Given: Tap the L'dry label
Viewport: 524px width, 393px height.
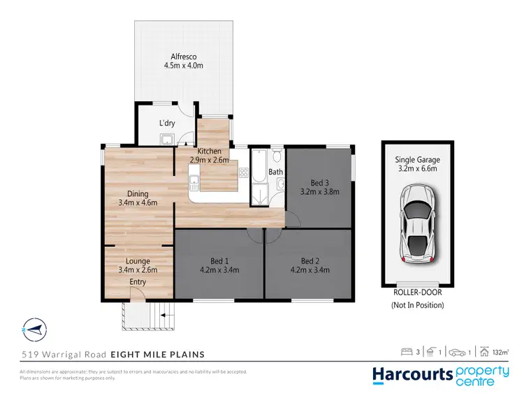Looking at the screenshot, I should tap(167, 124).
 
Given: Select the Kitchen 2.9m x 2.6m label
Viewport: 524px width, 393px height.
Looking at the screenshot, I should tap(209, 156).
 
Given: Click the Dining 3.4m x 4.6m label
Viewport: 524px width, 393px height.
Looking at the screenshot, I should tap(137, 198).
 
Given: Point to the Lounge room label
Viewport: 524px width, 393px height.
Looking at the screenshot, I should tap(138, 265).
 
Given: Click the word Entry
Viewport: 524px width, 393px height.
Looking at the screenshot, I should tap(137, 281).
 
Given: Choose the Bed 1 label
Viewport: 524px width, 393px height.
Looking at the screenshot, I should tap(219, 265).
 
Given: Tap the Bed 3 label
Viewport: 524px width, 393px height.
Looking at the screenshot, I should tap(319, 185).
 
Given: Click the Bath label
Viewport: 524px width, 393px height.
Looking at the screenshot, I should tap(275, 172).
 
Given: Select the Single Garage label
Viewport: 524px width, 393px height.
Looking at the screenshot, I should tap(417, 164).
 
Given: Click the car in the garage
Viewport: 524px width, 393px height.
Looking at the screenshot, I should tap(416, 224).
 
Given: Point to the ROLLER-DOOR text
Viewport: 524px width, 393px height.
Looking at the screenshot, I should tap(417, 294).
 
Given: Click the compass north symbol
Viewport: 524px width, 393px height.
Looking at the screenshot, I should tap(34, 327).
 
